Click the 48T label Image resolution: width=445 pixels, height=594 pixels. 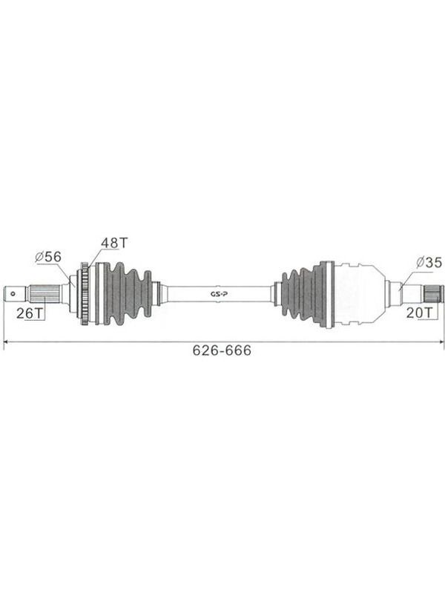coord(115,243)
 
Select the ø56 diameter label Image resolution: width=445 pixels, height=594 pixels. coord(48,257)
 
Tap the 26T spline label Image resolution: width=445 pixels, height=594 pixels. coord(30,313)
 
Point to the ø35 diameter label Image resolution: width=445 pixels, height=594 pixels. coord(429,262)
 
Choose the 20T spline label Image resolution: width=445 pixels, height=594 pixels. coord(419,313)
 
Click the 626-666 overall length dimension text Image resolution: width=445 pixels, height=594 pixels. coord(222,350)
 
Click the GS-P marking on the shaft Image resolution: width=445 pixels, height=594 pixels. coord(217,293)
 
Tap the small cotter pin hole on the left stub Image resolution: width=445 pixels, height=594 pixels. coord(13,293)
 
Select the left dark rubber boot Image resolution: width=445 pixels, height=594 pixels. coord(128,293)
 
